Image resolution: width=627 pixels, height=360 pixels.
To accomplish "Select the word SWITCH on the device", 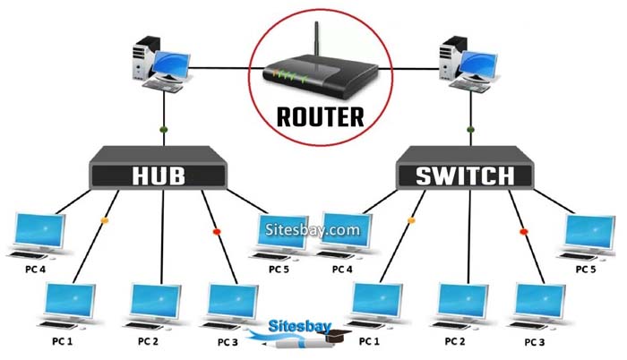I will point(465,176).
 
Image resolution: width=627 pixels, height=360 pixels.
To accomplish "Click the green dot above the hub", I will point(163,131).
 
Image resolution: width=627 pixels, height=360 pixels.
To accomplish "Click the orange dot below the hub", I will point(105,219).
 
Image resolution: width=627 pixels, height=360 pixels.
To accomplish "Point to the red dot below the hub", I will point(216,232).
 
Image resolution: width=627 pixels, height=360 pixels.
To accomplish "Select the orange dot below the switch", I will point(412,219).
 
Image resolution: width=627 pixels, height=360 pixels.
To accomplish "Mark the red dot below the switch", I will point(524,232).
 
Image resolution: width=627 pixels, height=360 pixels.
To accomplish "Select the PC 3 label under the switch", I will point(535,342).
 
